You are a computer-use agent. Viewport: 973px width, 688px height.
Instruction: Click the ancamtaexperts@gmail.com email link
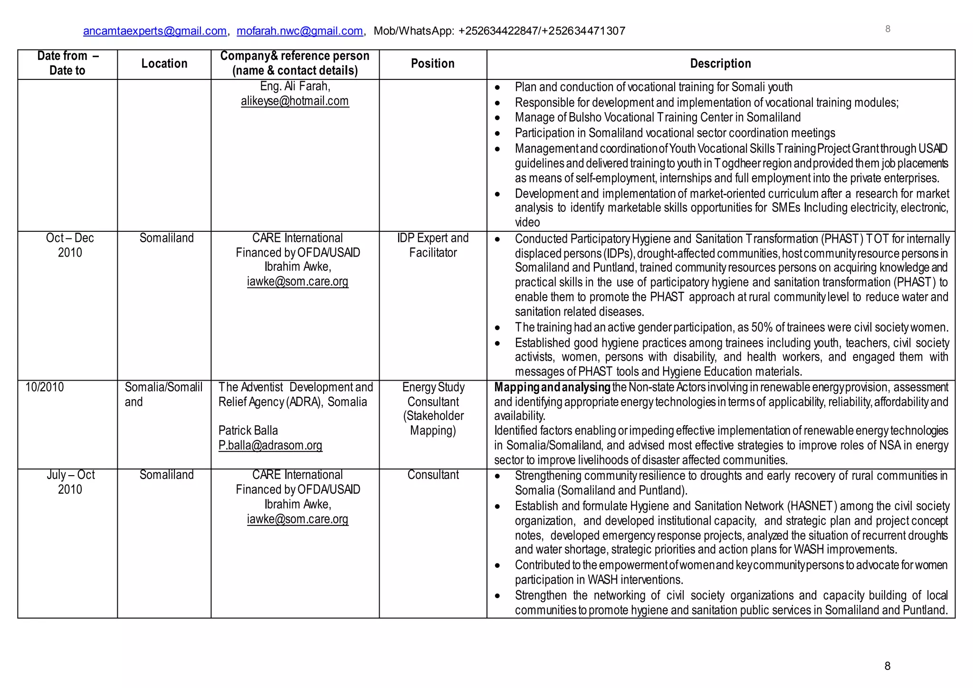pyautogui.click(x=154, y=31)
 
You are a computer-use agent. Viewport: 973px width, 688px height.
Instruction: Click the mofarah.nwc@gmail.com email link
pyautogui.click(x=299, y=31)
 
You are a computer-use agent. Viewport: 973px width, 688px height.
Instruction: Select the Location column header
pyautogui.click(x=164, y=64)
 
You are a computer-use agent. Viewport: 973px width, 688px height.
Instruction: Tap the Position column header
pyautogui.click(x=432, y=64)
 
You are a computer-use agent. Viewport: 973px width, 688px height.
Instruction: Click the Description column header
pyautogui.click(x=720, y=64)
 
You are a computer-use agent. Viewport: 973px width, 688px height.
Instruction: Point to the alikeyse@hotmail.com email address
pyautogui.click(x=295, y=101)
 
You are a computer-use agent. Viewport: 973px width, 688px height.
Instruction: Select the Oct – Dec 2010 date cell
pyautogui.click(x=70, y=245)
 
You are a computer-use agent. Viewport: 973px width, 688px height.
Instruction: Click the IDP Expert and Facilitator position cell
pyautogui.click(x=433, y=245)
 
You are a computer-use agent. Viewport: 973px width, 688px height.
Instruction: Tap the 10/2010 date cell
pyautogui.click(x=45, y=387)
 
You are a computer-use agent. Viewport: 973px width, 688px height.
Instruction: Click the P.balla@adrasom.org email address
pyautogui.click(x=270, y=446)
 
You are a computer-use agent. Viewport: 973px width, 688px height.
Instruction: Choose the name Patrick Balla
pyautogui.click(x=248, y=431)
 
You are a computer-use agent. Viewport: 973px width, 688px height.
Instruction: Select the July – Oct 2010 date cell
pyautogui.click(x=70, y=482)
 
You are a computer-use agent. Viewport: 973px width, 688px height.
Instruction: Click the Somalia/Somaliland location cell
pyautogui.click(x=163, y=394)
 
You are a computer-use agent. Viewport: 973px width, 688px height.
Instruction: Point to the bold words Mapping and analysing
pyautogui.click(x=552, y=387)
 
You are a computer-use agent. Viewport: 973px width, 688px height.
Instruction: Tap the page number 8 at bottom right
pyautogui.click(x=887, y=666)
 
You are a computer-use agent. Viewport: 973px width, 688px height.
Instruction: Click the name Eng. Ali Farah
pyautogui.click(x=295, y=86)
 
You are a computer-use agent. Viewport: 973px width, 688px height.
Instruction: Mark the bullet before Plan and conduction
pyautogui.click(x=497, y=88)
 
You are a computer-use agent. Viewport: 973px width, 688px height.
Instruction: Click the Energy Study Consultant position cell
pyautogui.click(x=433, y=409)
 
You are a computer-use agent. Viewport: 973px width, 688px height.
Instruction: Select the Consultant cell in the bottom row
pyautogui.click(x=433, y=475)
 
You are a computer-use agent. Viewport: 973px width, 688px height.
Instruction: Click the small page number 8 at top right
pyautogui.click(x=887, y=29)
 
